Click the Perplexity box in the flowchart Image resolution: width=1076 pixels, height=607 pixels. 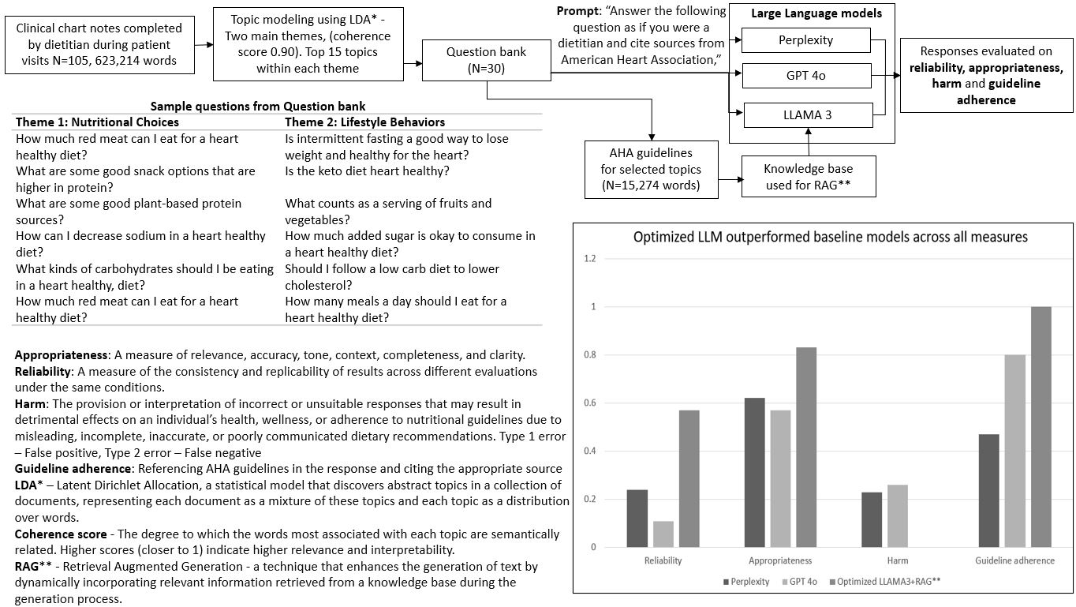(805, 39)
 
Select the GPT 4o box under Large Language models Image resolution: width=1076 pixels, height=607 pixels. (805, 77)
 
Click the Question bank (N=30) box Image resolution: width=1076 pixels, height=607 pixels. (486, 61)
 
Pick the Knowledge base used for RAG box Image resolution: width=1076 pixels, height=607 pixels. (808, 177)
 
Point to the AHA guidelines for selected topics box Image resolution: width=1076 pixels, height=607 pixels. (652, 169)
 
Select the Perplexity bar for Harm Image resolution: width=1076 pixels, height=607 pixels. (872, 519)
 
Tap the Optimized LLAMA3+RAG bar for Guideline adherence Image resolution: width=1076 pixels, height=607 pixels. (1041, 427)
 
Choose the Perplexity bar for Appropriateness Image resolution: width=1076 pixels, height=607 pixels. (755, 472)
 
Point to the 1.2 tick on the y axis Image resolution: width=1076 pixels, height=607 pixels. (589, 259)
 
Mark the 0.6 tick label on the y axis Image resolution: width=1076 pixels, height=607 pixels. (589, 403)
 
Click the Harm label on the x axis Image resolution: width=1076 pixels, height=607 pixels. (897, 561)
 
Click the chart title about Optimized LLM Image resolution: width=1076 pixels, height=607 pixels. (830, 237)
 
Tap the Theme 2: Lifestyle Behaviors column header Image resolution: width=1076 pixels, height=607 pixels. (364, 122)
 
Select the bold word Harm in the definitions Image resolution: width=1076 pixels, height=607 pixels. (30, 404)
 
